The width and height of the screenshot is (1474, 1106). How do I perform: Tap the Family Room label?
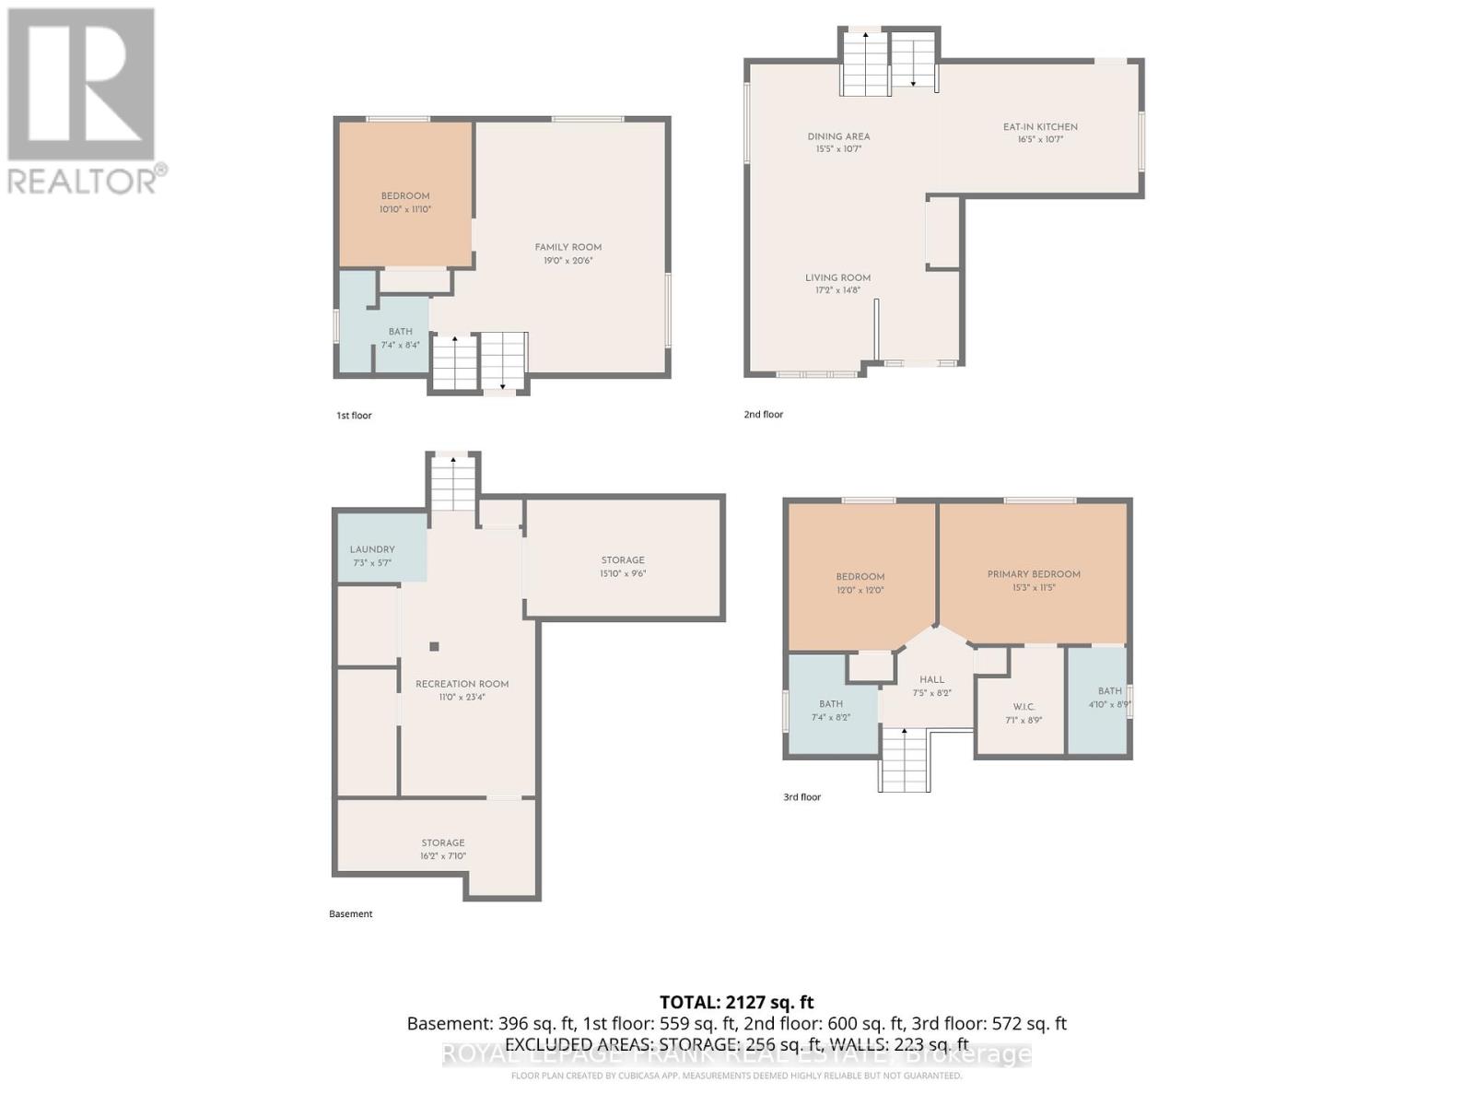(567, 247)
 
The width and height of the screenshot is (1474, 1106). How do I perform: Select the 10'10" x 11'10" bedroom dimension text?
(405, 210)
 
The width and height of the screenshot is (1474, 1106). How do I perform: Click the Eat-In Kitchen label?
(1040, 127)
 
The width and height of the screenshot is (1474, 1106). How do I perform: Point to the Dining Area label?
(838, 136)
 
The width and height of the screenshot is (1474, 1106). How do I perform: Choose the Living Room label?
(837, 277)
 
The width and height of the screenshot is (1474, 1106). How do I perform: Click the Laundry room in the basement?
(372, 555)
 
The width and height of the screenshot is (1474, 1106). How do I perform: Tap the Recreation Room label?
(462, 684)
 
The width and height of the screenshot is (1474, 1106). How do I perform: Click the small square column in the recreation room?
(435, 646)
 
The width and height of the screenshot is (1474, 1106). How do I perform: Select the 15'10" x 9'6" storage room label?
(623, 566)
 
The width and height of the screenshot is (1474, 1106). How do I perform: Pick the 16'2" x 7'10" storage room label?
(443, 849)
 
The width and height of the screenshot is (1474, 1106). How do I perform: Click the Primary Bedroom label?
(1034, 574)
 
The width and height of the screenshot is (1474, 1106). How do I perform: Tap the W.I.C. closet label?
(1024, 707)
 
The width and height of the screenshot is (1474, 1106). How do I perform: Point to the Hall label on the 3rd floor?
(931, 679)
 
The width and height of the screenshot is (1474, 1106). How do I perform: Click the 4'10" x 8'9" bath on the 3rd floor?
(1109, 697)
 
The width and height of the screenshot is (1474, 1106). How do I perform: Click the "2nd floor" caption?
(763, 415)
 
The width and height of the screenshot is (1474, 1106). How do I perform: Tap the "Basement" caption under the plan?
(351, 914)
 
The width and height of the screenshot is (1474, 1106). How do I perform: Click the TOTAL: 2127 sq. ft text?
(736, 1002)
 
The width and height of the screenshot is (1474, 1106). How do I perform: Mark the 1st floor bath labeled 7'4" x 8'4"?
(400, 337)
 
